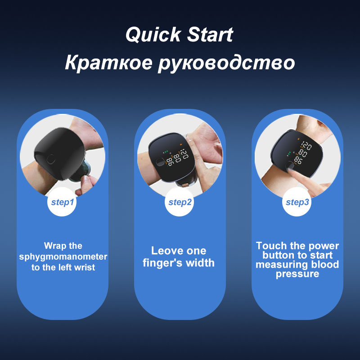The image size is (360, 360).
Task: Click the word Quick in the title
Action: point(153,35)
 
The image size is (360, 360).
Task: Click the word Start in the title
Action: point(210,35)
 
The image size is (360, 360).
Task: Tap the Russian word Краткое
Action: point(108,63)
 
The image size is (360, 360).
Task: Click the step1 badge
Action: point(62,202)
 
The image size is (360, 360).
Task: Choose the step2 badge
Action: point(180,202)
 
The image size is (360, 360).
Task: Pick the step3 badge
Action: point(297,202)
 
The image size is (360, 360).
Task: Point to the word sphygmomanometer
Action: point(63,257)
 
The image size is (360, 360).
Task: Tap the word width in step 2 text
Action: point(200,263)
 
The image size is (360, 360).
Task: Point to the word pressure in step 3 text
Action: point(297,274)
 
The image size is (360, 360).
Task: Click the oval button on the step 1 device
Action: point(51,159)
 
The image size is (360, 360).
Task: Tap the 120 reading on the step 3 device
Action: point(306,146)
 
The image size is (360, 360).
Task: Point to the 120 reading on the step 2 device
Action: point(184,154)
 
